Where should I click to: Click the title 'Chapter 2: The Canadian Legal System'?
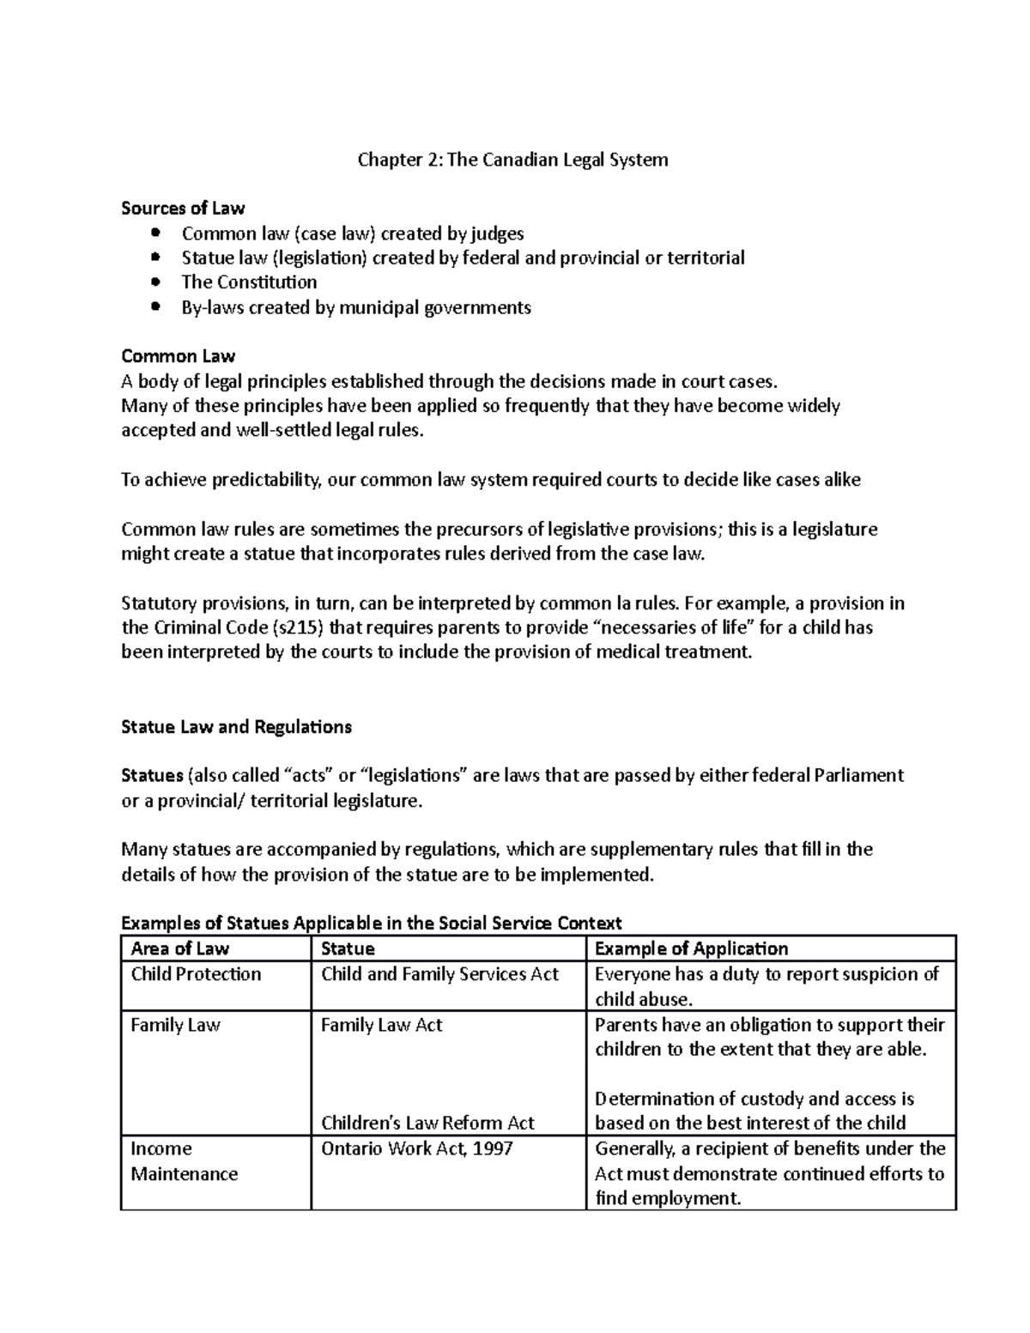(512, 160)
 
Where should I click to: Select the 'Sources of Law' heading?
(183, 208)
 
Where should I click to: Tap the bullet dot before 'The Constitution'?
(155, 282)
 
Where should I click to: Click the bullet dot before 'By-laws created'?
(155, 306)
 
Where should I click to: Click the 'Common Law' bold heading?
(178, 355)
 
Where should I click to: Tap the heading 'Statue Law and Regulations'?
(236, 727)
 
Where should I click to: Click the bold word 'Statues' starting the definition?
(152, 776)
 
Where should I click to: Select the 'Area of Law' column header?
(179, 948)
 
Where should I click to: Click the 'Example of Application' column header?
(691, 948)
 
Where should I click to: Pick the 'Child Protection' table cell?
(196, 974)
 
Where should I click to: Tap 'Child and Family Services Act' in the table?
(439, 974)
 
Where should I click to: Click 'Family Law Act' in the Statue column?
(381, 1025)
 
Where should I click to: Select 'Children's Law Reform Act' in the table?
(427, 1123)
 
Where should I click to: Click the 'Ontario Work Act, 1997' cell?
(416, 1148)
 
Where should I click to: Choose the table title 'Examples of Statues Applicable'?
(371, 924)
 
